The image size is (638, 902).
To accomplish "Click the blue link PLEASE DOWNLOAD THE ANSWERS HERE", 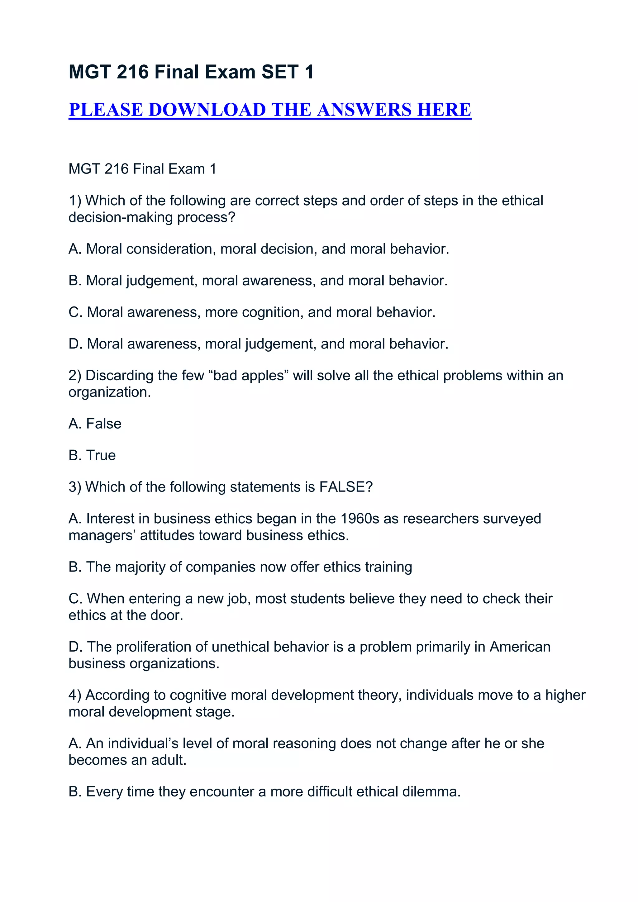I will click(270, 110).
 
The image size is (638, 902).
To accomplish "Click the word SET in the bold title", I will click(280, 72).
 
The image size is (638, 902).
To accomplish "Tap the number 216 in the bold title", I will click(132, 72).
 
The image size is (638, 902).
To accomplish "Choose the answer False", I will click(104, 424).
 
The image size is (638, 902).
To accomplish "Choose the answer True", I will click(101, 455).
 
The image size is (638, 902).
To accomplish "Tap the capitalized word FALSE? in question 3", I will click(346, 487).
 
